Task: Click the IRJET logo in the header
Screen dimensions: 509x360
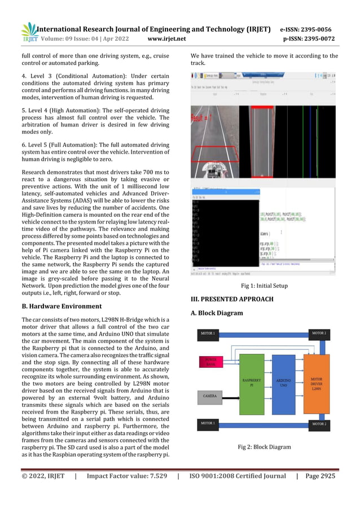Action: pyautogui.click(x=29, y=33)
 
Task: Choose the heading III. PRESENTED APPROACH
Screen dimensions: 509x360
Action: pyautogui.click(x=232, y=299)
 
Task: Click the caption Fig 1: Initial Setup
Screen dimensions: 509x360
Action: pyautogui.click(x=264, y=286)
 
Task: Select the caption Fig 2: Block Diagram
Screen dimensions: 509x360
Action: pyautogui.click(x=264, y=447)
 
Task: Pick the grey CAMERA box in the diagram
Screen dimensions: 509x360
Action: pyautogui.click(x=210, y=397)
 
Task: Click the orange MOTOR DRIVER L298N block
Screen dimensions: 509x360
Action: pyautogui.click(x=317, y=381)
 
